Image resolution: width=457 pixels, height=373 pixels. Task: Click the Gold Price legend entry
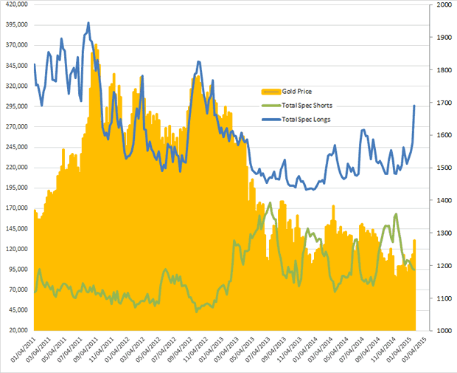tap(296, 92)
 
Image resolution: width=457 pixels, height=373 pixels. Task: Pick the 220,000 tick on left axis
tap(15, 167)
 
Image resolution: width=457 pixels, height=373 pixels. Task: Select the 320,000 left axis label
tap(15, 86)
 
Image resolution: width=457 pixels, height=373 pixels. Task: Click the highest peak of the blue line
tap(88, 23)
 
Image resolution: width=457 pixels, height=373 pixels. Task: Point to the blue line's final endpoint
tap(414, 106)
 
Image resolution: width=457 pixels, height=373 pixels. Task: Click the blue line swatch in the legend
tap(270, 119)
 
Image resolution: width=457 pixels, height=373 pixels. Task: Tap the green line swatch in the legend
tap(270, 105)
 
